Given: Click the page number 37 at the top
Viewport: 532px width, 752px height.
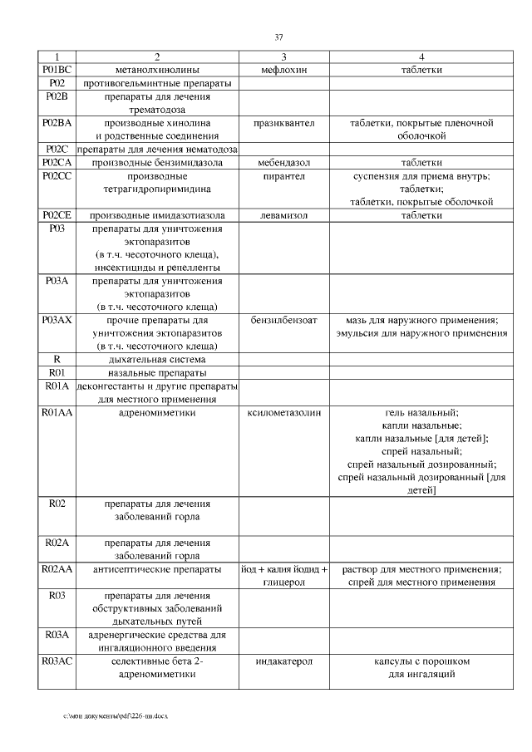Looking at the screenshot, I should click(x=278, y=37).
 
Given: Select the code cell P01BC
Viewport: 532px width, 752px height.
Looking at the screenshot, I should click(x=57, y=70).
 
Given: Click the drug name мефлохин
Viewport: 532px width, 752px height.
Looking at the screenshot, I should click(x=283, y=70).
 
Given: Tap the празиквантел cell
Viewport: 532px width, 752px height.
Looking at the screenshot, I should click(x=283, y=123).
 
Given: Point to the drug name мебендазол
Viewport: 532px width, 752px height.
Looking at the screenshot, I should click(x=283, y=163).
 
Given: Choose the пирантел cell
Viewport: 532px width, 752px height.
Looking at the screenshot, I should click(x=283, y=176).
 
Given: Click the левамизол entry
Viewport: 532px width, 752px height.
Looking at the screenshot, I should click(x=283, y=215).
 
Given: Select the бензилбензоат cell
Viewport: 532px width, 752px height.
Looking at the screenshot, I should click(x=283, y=320).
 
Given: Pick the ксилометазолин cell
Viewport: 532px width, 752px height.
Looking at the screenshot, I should click(x=283, y=411).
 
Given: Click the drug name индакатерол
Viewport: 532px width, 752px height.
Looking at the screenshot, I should click(x=283, y=661).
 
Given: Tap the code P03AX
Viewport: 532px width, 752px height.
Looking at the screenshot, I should click(x=57, y=320).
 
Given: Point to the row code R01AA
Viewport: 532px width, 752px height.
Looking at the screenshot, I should click(x=57, y=411).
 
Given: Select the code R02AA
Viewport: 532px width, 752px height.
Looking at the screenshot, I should click(x=57, y=569).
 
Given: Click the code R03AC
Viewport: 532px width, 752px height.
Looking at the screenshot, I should click(x=57, y=661).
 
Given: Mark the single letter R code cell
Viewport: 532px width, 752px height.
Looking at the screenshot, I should click(x=57, y=359).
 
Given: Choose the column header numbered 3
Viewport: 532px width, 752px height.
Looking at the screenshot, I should click(x=283, y=57).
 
